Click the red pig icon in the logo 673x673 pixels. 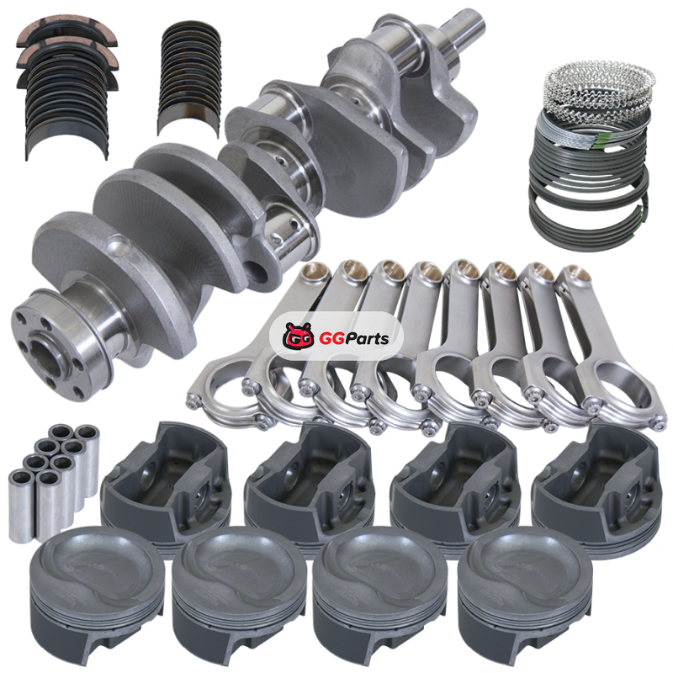click(298, 336)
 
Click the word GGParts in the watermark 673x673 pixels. click(353, 339)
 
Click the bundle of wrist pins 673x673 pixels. click(54, 480)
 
